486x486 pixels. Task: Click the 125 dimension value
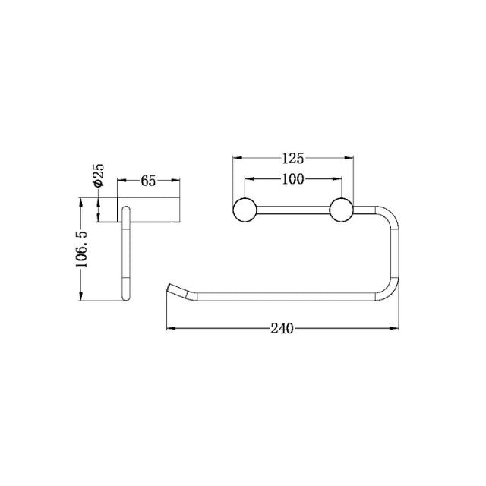293,159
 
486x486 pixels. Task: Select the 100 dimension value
293,179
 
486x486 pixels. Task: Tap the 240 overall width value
282,329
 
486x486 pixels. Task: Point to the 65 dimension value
149,181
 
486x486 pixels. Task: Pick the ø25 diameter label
99,174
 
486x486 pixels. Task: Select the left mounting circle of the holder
245,210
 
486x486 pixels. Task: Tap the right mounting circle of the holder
341,210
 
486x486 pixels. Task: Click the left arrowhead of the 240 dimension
170,329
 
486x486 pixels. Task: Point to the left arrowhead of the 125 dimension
236,159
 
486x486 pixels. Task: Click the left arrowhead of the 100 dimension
248,180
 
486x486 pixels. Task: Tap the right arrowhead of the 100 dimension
338,180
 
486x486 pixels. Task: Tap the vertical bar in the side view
126,254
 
